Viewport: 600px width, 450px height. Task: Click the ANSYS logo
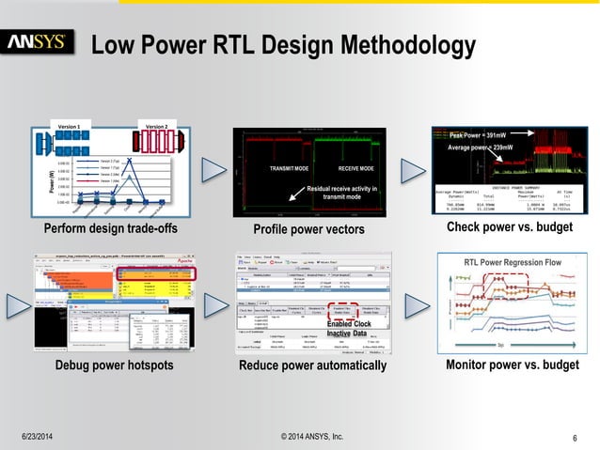point(37,43)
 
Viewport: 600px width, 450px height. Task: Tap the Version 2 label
point(154,127)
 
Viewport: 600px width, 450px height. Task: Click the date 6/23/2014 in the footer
point(39,437)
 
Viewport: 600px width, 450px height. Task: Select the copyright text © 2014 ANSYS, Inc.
point(312,437)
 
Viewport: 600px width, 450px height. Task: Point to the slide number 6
point(574,437)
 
